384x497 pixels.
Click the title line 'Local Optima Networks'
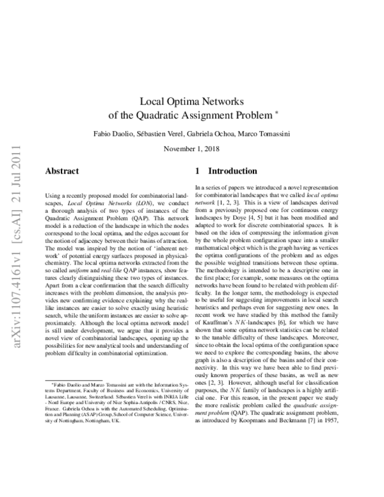click(x=192, y=101)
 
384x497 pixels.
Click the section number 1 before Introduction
click(x=198, y=172)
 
